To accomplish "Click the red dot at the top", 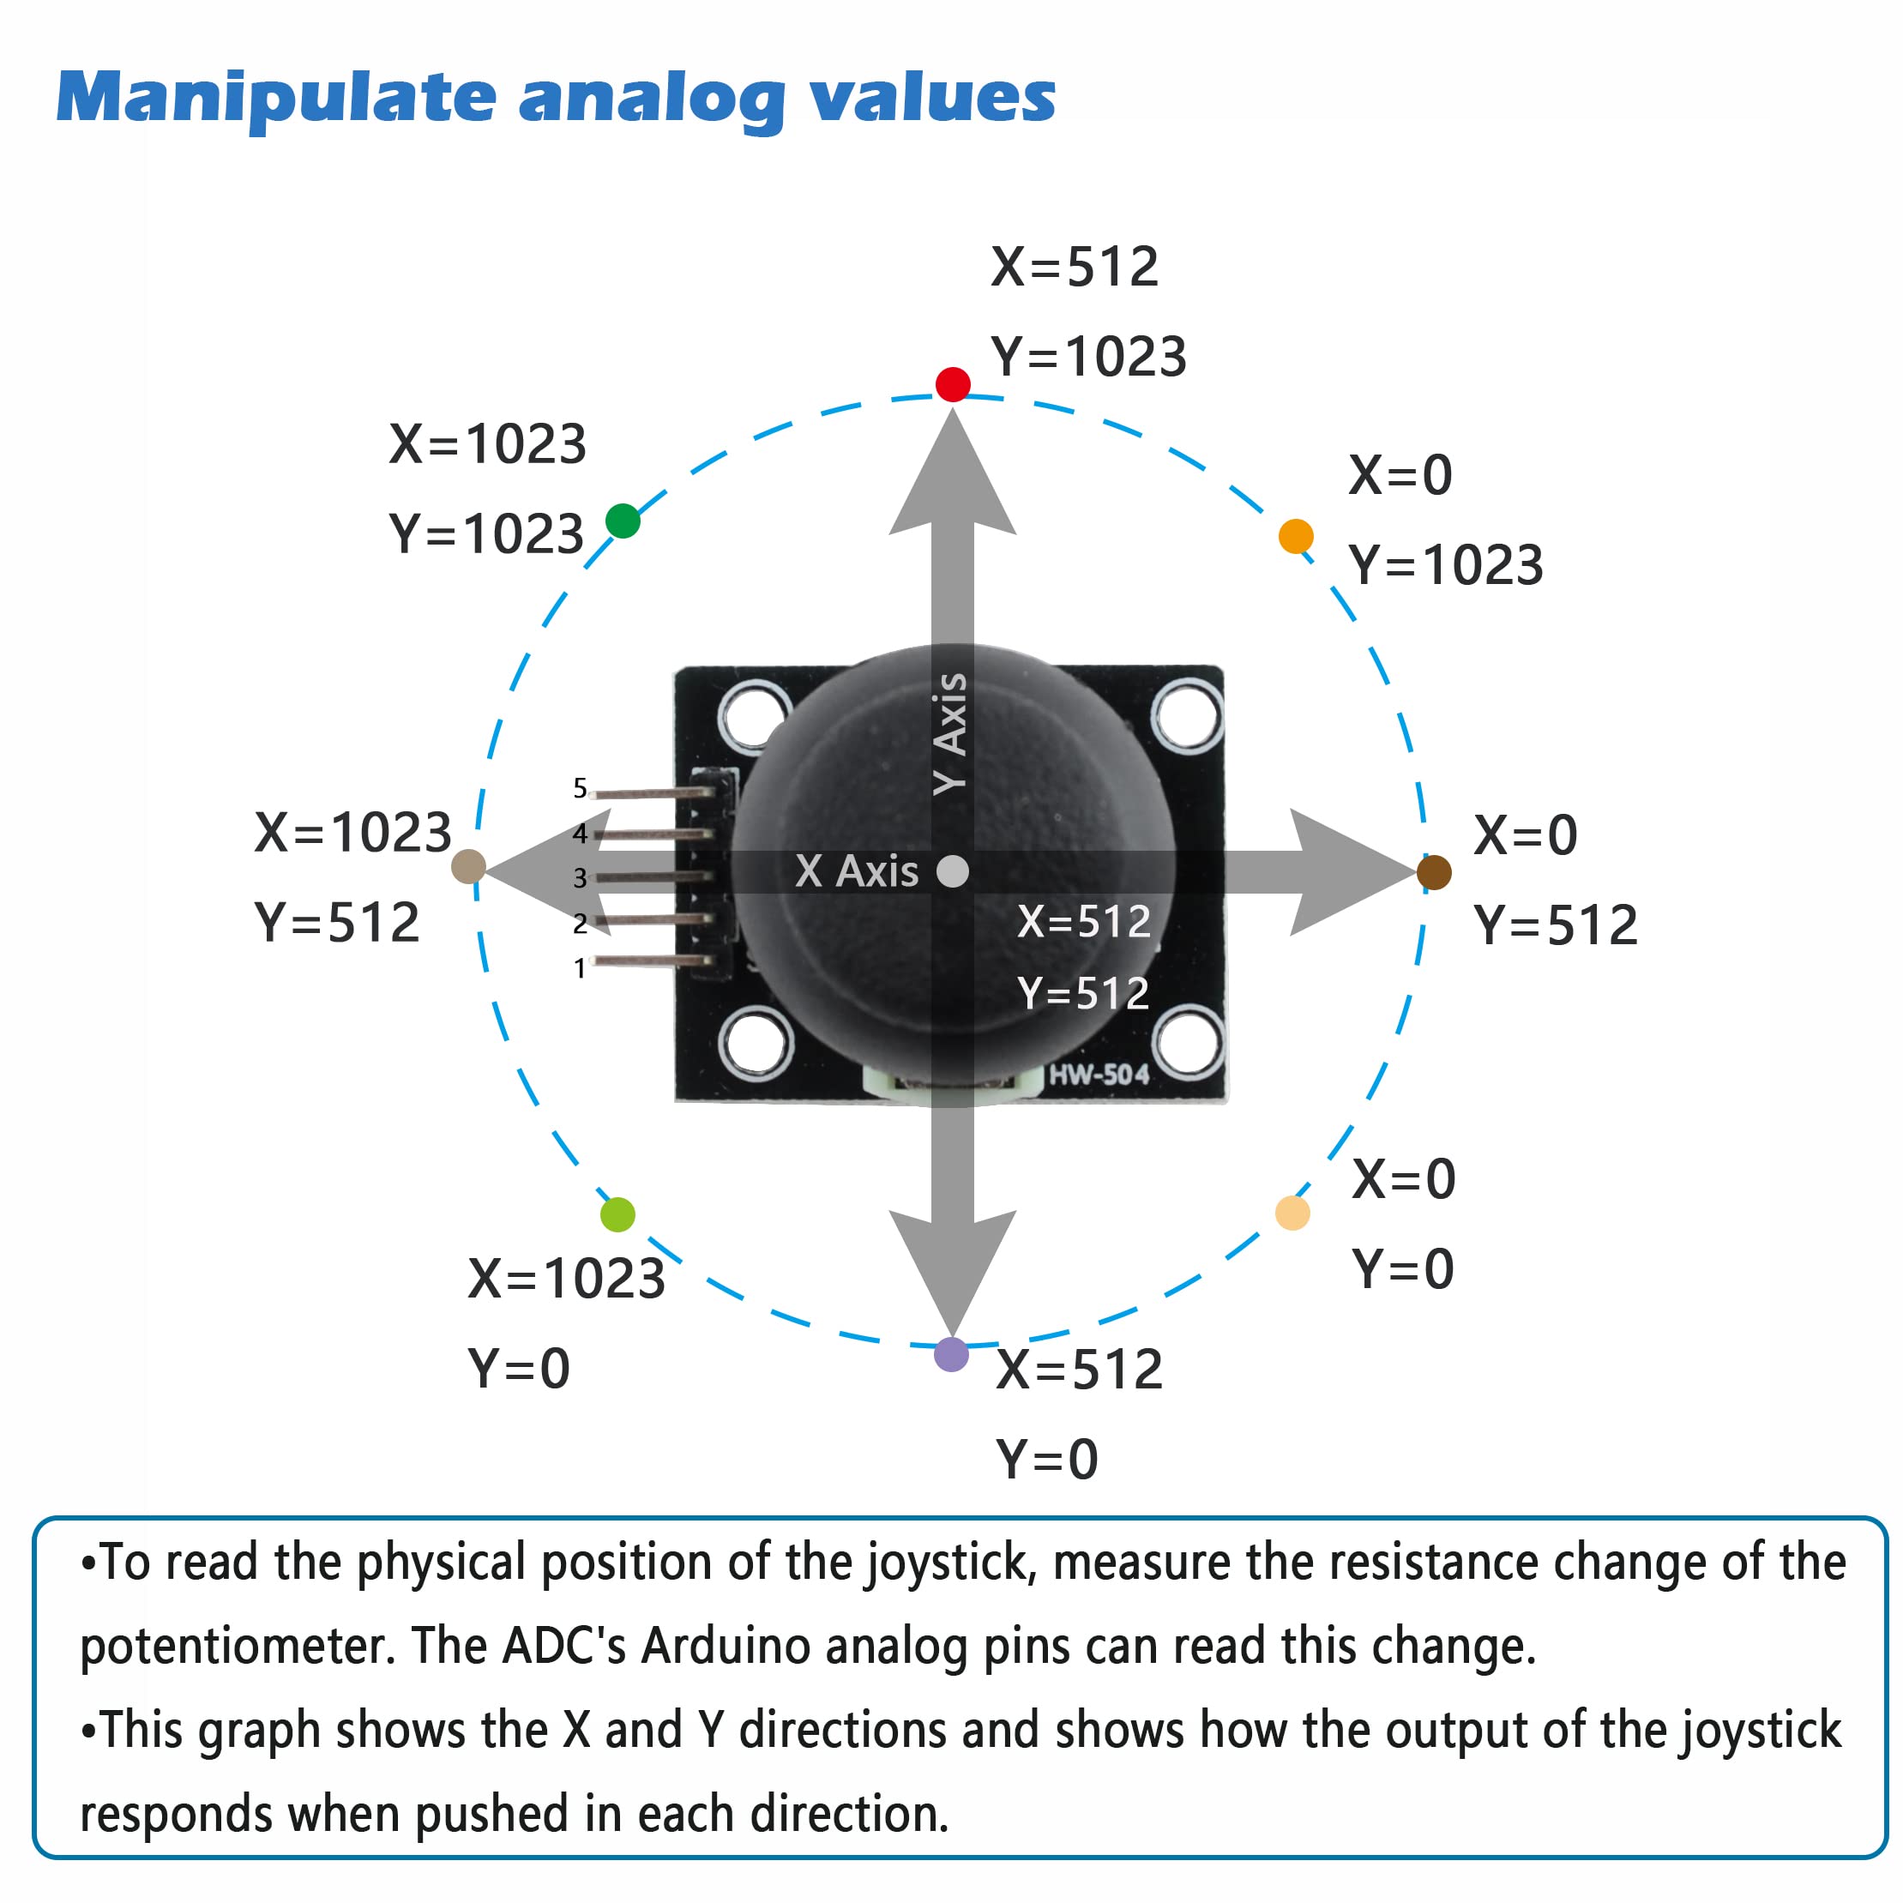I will point(953,384).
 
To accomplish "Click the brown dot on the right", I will point(1433,871).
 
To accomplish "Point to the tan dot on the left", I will point(468,867).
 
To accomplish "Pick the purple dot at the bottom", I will point(950,1354).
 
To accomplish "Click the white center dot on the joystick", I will point(953,870).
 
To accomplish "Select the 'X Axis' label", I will point(856,871).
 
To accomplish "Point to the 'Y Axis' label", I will point(950,733).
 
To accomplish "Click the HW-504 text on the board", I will point(1099,1075).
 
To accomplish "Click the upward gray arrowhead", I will point(953,478).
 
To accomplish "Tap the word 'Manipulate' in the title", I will point(276,99).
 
